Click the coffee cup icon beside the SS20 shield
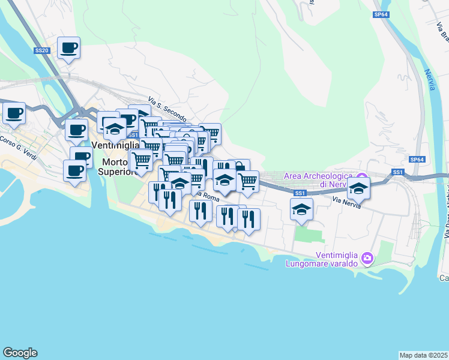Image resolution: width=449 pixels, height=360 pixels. (68, 47)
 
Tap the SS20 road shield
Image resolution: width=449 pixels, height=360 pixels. (41, 51)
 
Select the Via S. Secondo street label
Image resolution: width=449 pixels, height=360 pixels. (167, 109)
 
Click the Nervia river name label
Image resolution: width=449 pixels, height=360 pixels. (430, 80)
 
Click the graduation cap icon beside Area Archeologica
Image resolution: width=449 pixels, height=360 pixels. (358, 188)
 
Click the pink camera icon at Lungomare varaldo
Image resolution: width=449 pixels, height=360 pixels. (368, 259)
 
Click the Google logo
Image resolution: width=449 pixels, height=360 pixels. (20, 353)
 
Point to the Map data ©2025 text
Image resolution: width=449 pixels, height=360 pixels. (423, 355)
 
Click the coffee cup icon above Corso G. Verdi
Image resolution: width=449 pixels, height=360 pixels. (14, 112)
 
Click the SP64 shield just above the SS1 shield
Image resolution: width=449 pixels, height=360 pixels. (417, 160)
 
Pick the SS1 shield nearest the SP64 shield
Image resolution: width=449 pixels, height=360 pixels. (397, 172)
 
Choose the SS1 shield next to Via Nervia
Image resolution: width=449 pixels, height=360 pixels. (301, 193)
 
